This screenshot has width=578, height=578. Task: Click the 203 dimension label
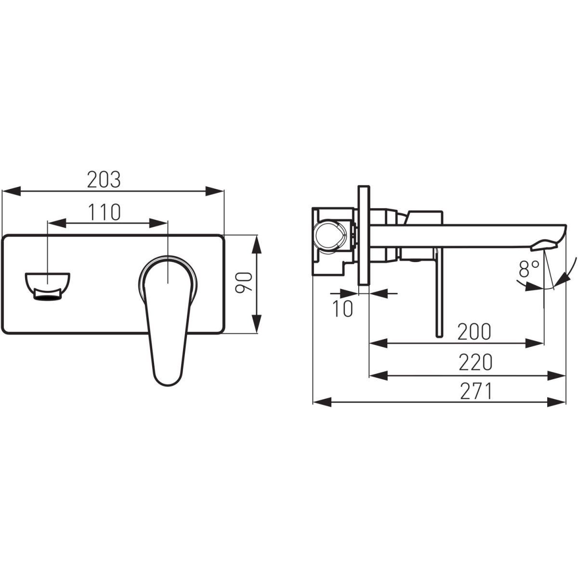(x=104, y=179)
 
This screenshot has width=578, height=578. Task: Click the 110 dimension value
(x=105, y=212)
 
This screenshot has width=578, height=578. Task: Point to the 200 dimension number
(x=474, y=331)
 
